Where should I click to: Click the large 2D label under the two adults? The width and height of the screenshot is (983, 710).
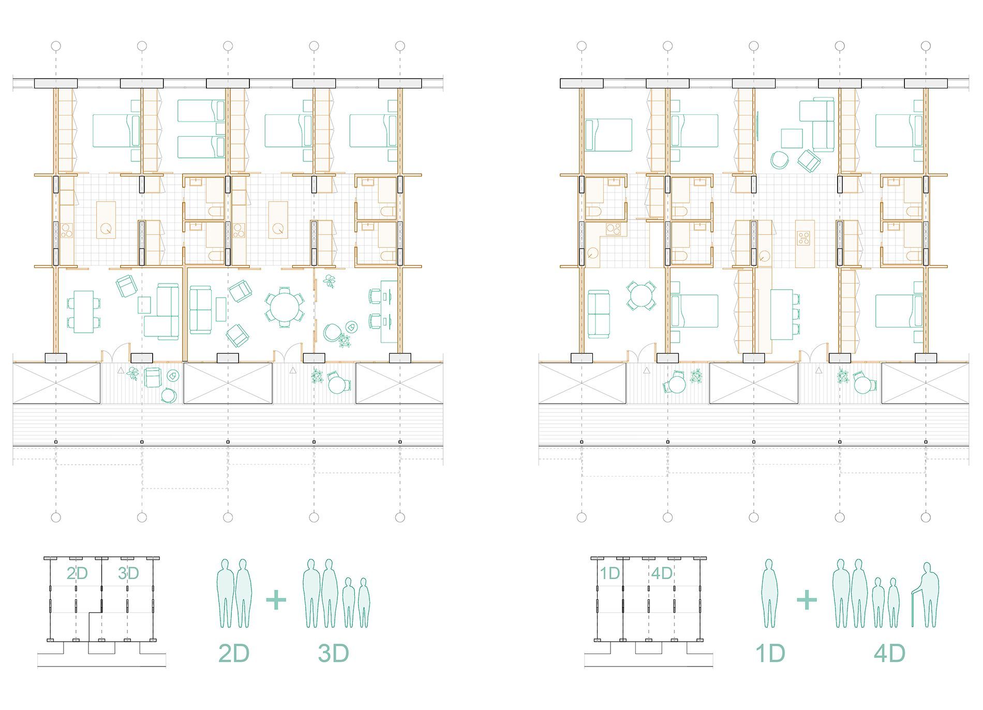pos(234,654)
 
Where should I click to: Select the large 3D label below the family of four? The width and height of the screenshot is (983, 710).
pos(333,654)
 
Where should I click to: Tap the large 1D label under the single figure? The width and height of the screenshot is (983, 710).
pos(770,654)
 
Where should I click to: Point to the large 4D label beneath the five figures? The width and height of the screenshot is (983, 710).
pos(890,654)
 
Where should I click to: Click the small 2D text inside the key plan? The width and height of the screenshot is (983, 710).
pos(77,573)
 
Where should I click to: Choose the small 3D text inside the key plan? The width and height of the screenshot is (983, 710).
pos(128,573)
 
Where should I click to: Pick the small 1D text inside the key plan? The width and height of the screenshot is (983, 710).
pos(610,573)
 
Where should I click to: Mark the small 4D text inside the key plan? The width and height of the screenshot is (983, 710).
pos(662,573)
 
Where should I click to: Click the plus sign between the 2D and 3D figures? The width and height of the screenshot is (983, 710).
pos(276,600)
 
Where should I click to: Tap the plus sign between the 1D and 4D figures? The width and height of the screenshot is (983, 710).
pos(807,600)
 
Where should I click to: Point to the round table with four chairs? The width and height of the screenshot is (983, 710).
pos(642,296)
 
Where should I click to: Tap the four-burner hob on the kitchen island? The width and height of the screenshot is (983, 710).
pos(804,239)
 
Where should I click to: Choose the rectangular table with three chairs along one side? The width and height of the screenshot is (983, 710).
pos(785,314)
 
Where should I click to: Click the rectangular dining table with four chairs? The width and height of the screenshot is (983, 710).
pos(83,312)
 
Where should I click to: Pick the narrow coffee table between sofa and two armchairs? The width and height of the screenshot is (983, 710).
pos(221,309)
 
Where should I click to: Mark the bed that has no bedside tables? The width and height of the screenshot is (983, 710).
pos(608,135)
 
